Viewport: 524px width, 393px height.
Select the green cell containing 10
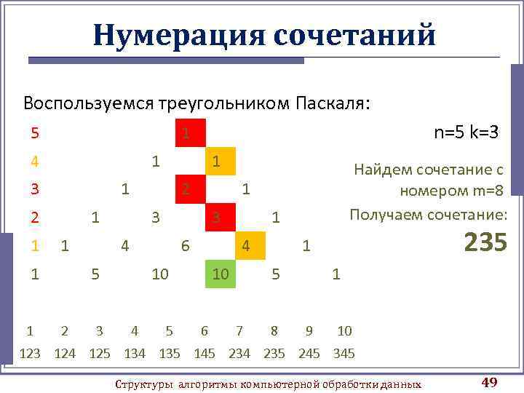[221, 274]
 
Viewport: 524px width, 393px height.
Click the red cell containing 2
[189, 189]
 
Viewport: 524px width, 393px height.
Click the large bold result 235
[485, 242]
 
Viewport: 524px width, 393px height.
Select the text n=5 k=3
[466, 132]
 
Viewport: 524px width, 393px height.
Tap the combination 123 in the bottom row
[30, 354]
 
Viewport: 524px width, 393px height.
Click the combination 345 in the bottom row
[344, 354]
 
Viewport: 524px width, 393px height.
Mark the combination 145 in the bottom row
[205, 354]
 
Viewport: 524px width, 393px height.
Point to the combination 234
[239, 354]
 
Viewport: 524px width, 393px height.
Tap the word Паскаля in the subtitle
[333, 103]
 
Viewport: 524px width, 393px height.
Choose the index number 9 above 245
[309, 331]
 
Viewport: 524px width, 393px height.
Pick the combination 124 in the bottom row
[65, 354]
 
